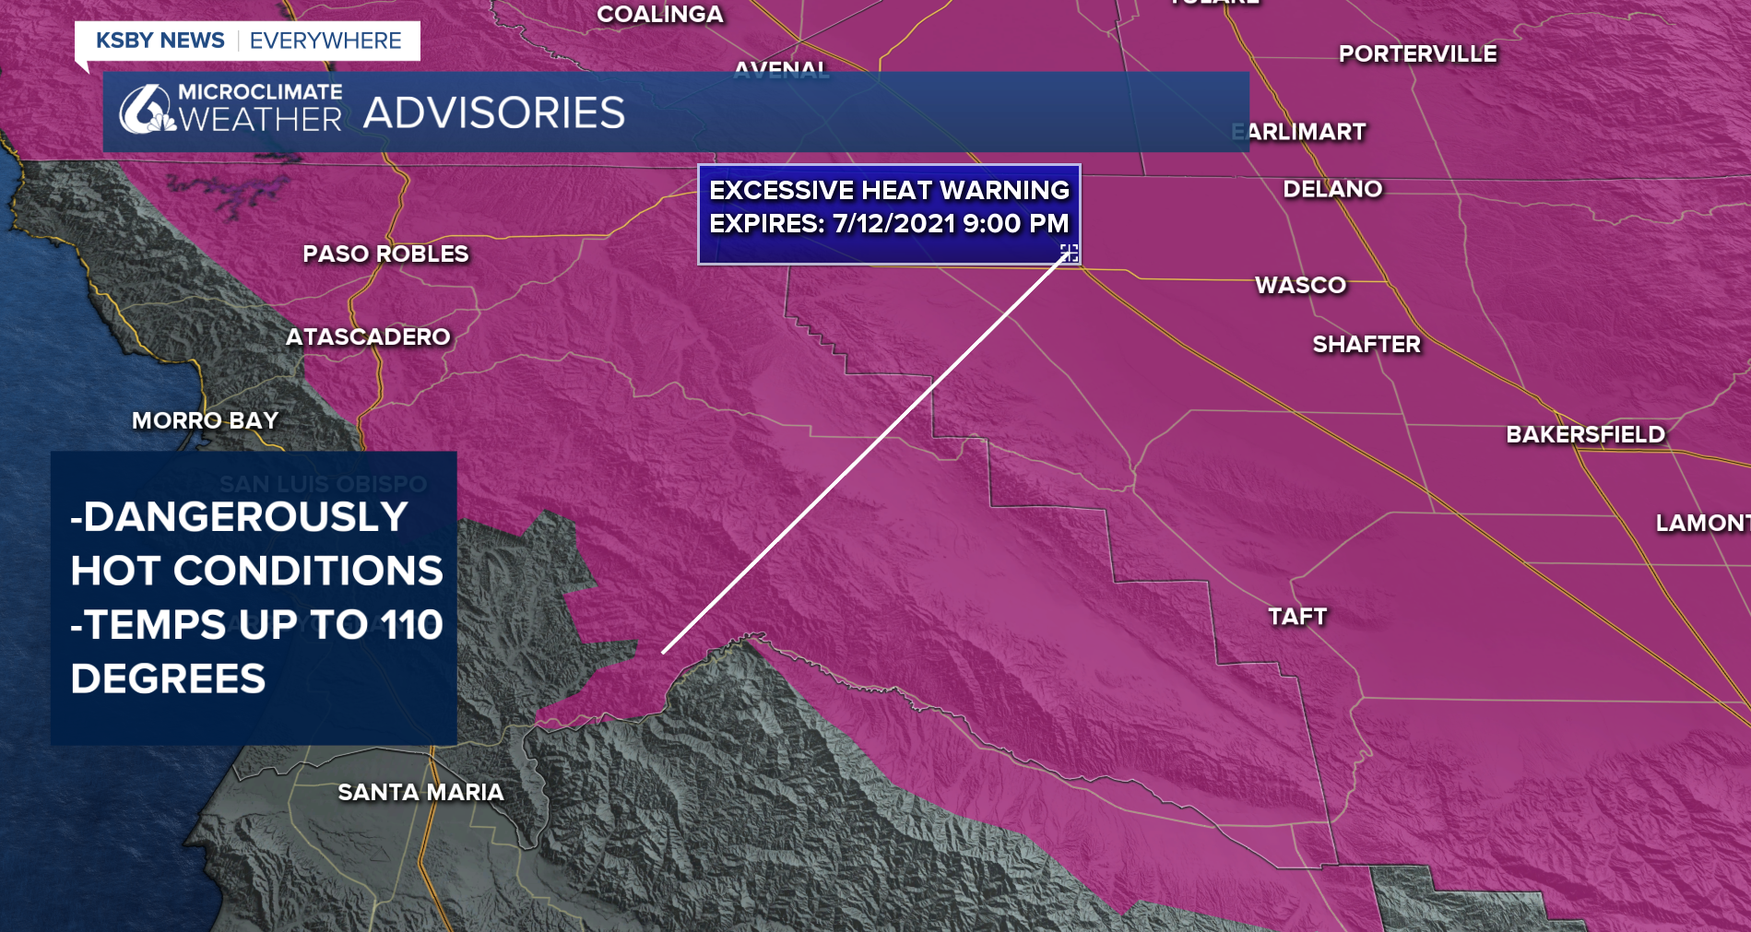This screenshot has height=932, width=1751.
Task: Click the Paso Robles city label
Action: coord(385,254)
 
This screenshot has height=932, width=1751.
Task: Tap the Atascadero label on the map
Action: coord(368,336)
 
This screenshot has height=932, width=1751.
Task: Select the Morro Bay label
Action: coord(205,420)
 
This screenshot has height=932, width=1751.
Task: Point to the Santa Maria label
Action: coord(420,792)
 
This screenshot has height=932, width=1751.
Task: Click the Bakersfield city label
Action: coord(1585,434)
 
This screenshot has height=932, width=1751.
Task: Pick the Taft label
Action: coord(1297,616)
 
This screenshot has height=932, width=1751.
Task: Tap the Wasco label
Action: coord(1300,285)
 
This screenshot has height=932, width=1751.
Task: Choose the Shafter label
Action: coord(1366,344)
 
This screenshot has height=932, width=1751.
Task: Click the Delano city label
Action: coord(1332,189)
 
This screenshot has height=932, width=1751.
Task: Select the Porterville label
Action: coord(1417,53)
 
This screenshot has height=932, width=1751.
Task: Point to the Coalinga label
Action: coord(660,14)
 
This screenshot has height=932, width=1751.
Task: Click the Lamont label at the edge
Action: coord(1701,523)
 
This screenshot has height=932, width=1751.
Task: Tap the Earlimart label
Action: coord(1300,132)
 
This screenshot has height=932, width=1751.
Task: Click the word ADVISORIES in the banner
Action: coord(494,112)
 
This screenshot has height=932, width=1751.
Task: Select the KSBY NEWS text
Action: coord(160,41)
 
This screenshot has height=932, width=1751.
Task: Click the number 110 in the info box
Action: coord(412,625)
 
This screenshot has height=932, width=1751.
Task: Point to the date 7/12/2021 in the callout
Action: coord(893,223)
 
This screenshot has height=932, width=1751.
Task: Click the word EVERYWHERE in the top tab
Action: coord(325,41)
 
